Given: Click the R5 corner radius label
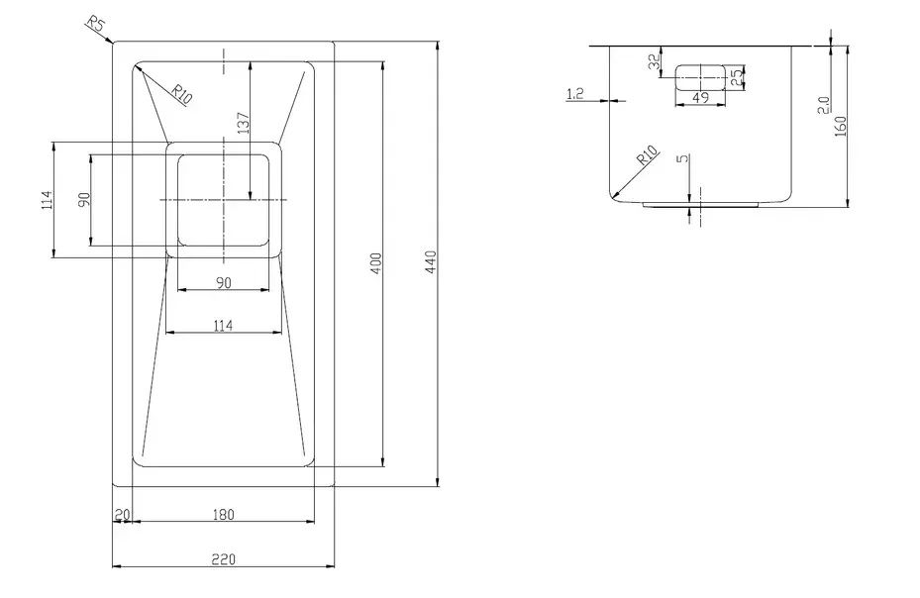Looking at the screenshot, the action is click(x=96, y=25).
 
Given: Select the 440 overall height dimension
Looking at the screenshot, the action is click(x=431, y=262).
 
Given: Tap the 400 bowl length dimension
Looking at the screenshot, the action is click(x=376, y=263).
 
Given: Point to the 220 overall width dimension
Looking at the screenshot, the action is click(x=223, y=559).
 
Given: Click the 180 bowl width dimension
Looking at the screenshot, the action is click(x=223, y=515).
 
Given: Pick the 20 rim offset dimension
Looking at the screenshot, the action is click(x=122, y=515).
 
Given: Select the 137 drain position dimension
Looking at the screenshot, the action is click(x=243, y=123).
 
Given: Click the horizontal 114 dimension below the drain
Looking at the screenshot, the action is click(x=223, y=325).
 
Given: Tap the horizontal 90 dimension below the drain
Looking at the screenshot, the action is click(x=223, y=283).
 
